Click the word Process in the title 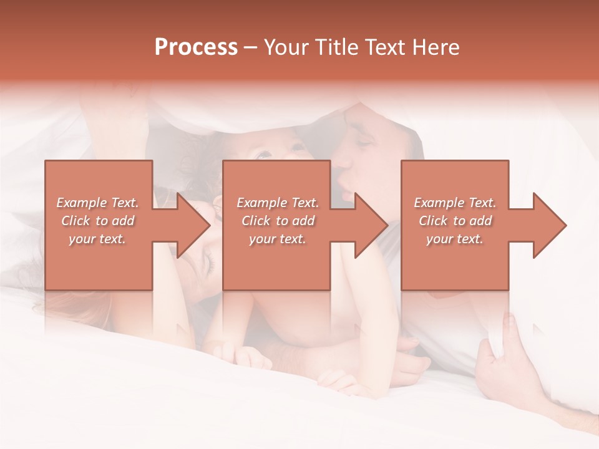pyautogui.click(x=196, y=47)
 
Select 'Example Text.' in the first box pyautogui.click(x=98, y=203)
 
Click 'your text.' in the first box pyautogui.click(x=98, y=239)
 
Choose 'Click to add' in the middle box pyautogui.click(x=278, y=221)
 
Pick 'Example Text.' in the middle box pyautogui.click(x=278, y=203)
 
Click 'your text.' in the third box pyautogui.click(x=455, y=239)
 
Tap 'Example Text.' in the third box pyautogui.click(x=455, y=203)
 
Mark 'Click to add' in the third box pyautogui.click(x=455, y=221)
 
